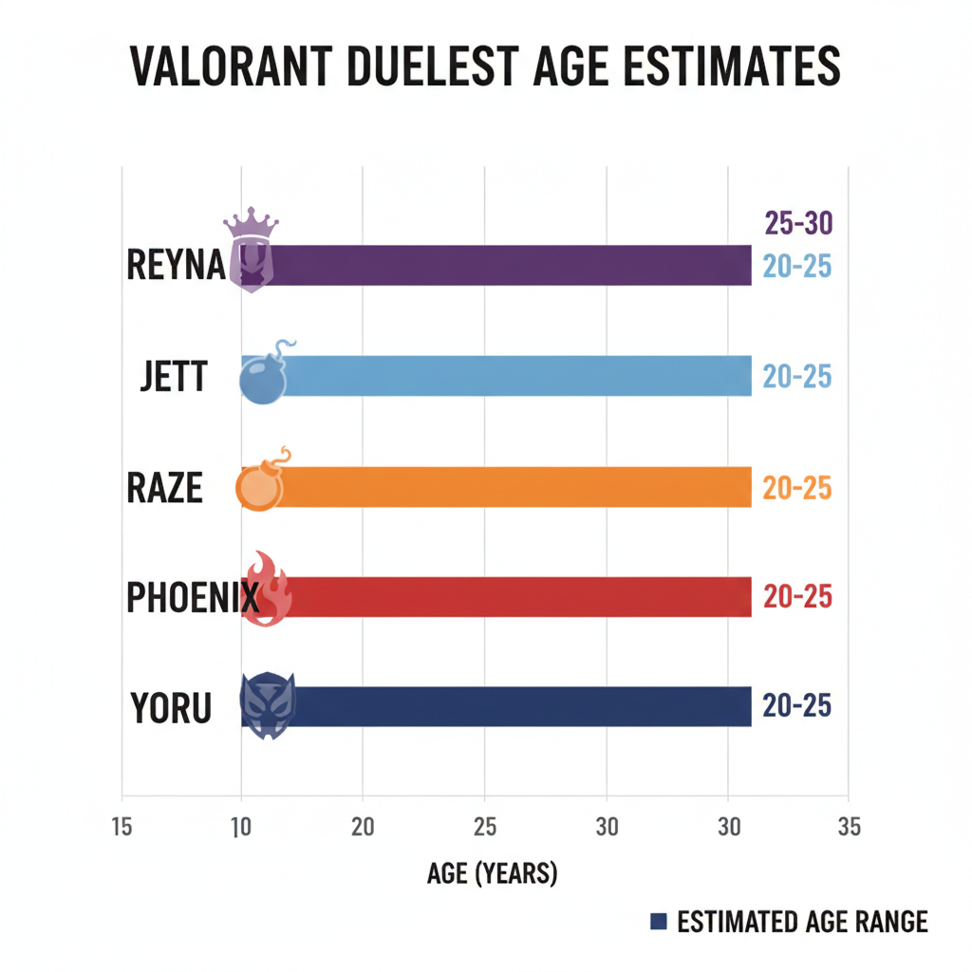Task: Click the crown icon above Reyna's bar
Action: (251, 227)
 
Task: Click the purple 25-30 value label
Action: (797, 224)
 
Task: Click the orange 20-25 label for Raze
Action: (797, 488)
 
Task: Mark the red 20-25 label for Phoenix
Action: (797, 597)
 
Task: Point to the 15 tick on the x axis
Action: (121, 827)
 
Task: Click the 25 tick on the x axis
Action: (484, 827)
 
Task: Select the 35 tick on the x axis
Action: (850, 827)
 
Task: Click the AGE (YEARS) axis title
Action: (492, 873)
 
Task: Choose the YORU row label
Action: (171, 708)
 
